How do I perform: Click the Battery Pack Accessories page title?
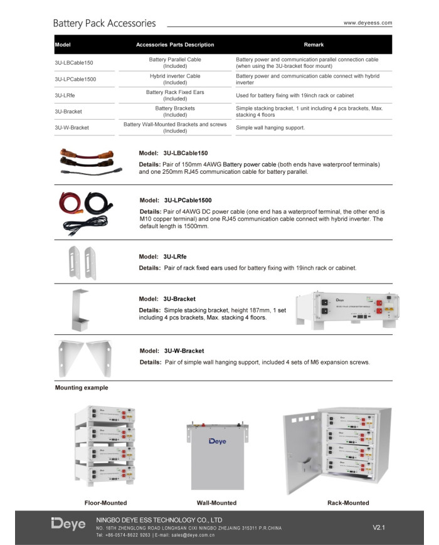click(104, 24)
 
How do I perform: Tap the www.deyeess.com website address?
click(368, 23)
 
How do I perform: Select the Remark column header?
click(314, 45)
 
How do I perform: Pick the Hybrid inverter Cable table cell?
click(175, 79)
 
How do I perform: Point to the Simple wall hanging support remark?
click(270, 127)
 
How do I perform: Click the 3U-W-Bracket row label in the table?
click(72, 127)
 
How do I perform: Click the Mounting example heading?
click(82, 388)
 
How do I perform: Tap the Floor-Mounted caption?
click(105, 503)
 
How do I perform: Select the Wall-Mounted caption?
click(216, 503)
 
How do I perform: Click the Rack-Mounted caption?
click(348, 503)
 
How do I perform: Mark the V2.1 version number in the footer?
click(379, 527)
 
